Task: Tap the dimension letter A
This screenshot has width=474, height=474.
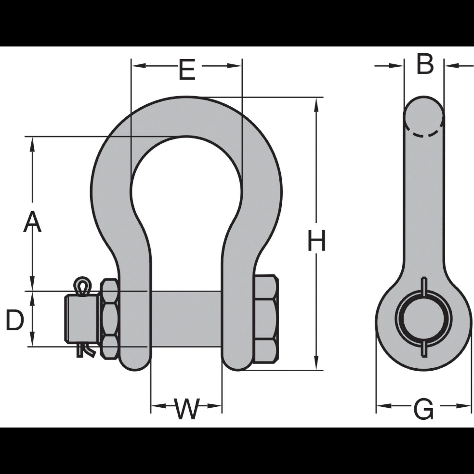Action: click(32, 221)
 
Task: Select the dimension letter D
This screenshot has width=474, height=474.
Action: click(15, 320)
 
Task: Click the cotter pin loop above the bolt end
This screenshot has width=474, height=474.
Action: click(82, 286)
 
